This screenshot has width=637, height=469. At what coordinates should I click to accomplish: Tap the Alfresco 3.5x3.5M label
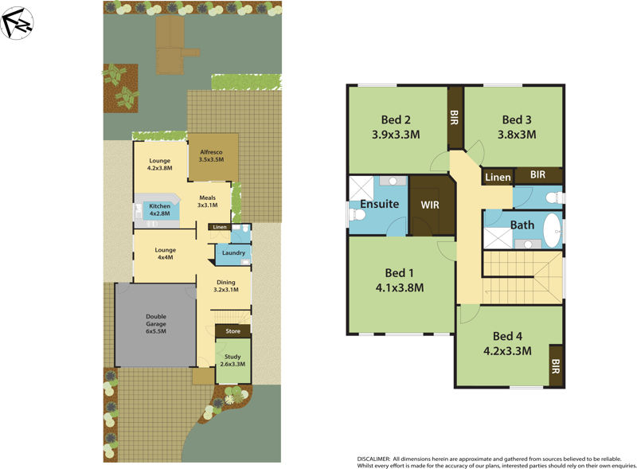210,155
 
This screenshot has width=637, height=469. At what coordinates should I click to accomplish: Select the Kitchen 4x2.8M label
159,210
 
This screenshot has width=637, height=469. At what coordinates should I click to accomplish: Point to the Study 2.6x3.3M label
233,359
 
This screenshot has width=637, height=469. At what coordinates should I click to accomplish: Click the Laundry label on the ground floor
233,253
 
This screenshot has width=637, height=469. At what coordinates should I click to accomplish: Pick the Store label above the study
233,330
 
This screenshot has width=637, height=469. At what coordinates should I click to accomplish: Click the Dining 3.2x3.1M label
226,286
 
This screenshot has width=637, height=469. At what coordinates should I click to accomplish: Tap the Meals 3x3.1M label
208,201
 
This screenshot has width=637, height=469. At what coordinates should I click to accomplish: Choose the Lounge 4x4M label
166,254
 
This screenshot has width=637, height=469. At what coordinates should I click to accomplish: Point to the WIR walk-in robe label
430,204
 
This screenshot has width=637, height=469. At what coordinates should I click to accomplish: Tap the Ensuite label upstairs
379,204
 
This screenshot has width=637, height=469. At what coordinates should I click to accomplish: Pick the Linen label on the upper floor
498,177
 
